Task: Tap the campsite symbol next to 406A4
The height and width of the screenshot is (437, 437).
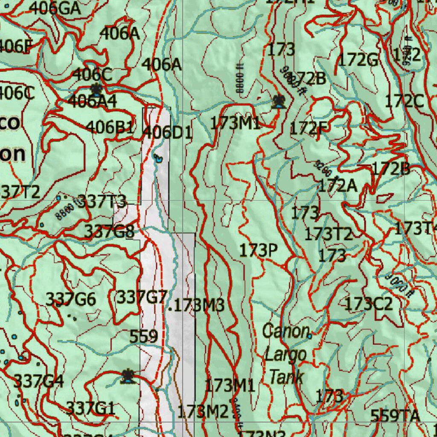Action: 96,90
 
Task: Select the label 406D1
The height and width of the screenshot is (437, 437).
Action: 167,132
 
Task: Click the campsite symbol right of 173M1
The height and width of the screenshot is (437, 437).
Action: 279,102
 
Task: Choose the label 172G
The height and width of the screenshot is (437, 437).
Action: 358,60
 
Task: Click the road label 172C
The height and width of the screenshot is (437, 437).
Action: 404,102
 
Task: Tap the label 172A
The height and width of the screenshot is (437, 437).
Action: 338,186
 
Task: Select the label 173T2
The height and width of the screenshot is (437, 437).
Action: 328,234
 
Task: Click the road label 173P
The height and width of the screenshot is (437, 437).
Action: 259,251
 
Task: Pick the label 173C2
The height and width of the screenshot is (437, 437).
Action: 368,304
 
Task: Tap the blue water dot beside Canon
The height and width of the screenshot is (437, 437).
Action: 309,336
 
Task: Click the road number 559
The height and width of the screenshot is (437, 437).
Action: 144,336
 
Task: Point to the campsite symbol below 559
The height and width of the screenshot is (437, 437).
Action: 127,376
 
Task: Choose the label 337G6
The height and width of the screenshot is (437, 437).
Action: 71,299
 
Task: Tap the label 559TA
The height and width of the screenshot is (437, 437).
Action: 395,415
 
